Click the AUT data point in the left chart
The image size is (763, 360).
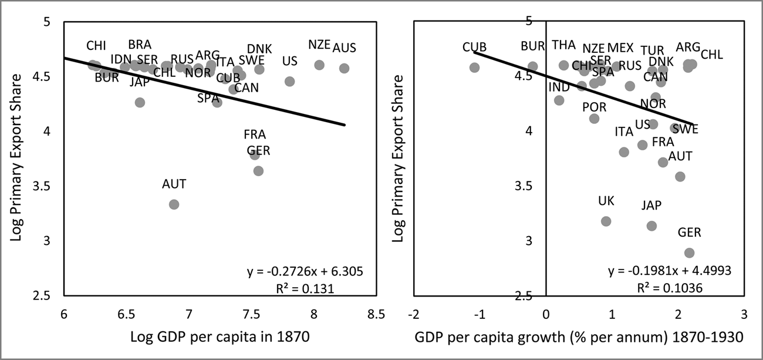coord(174,204)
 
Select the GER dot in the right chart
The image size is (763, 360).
coord(689,253)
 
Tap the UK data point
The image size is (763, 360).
coord(606,221)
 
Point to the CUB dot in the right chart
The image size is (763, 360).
coord(474,68)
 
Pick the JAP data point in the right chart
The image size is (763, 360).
coord(651,226)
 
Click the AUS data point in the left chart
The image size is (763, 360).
coord(344,68)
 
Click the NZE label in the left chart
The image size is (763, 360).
coord(319,45)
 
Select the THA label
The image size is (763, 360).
coord(563,45)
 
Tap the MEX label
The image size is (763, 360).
coord(620,48)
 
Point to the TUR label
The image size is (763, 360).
coord(652,51)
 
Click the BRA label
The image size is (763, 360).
coord(140,45)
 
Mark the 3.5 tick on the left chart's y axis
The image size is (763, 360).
coord(49,186)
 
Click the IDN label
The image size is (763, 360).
coord(121,59)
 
